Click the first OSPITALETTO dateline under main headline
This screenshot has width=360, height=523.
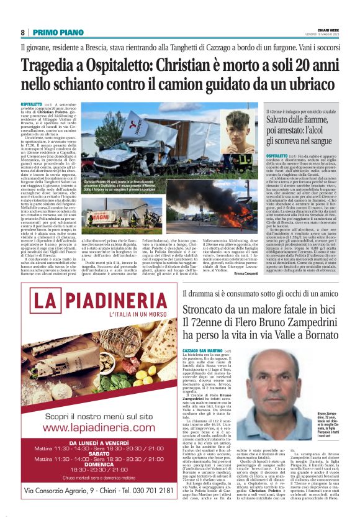(31, 104)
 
